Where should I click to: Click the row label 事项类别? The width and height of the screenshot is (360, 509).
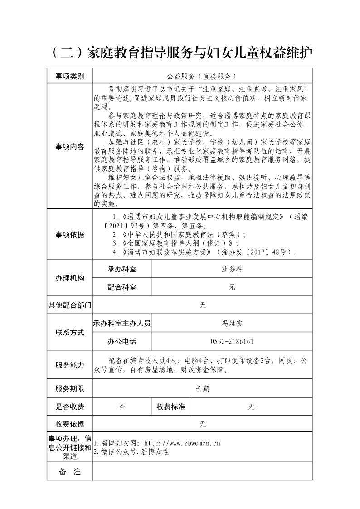[69, 76]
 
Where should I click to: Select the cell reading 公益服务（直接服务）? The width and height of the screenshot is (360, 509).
[202, 76]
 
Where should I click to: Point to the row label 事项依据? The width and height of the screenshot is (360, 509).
[69, 234]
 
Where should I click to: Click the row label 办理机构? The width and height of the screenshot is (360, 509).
[69, 278]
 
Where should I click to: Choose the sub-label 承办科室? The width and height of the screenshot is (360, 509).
[122, 269]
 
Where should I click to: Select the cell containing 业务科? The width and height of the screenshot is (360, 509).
[232, 269]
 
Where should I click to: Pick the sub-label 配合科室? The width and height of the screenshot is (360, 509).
[122, 287]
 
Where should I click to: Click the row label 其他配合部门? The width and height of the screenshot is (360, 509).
[69, 305]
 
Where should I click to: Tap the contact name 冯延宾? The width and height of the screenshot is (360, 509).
[232, 323]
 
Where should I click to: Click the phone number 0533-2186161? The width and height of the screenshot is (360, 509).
[232, 341]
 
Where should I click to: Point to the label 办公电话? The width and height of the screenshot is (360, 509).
[122, 341]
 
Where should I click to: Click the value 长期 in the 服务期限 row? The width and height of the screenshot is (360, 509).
[202, 388]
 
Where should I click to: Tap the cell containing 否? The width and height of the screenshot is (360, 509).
[122, 407]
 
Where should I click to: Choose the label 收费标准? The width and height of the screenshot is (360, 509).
[171, 407]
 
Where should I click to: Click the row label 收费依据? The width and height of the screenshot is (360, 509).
[69, 424]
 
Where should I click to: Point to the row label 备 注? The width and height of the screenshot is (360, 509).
[69, 472]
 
